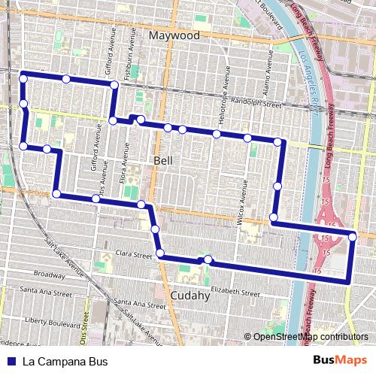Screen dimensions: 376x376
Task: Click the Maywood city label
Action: pos(174,35)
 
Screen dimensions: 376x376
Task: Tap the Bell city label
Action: pos(163,160)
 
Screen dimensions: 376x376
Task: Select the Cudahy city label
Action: pos(190,296)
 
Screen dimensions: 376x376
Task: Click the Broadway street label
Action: pos(50,274)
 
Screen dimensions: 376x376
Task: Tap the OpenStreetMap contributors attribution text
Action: pos(307,337)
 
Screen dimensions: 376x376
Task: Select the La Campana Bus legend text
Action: pos(65,361)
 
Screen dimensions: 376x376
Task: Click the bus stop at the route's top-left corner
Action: pos(23,78)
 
